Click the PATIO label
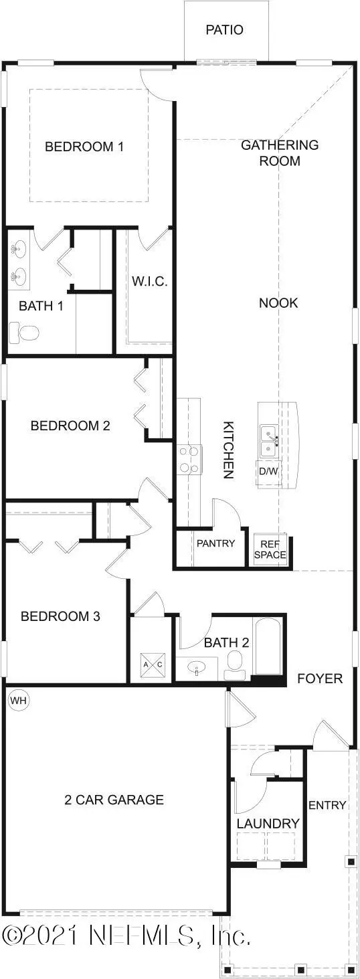225,29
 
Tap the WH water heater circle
18,701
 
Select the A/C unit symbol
153,664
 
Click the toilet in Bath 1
24,333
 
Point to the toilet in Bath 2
235,664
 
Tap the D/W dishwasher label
268,471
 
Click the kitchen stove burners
189,459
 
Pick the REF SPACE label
270,549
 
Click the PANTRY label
216,543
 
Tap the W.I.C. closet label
150,281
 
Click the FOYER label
320,679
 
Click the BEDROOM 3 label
60,616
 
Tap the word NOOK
278,302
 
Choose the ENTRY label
327,805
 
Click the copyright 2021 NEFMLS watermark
126,935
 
